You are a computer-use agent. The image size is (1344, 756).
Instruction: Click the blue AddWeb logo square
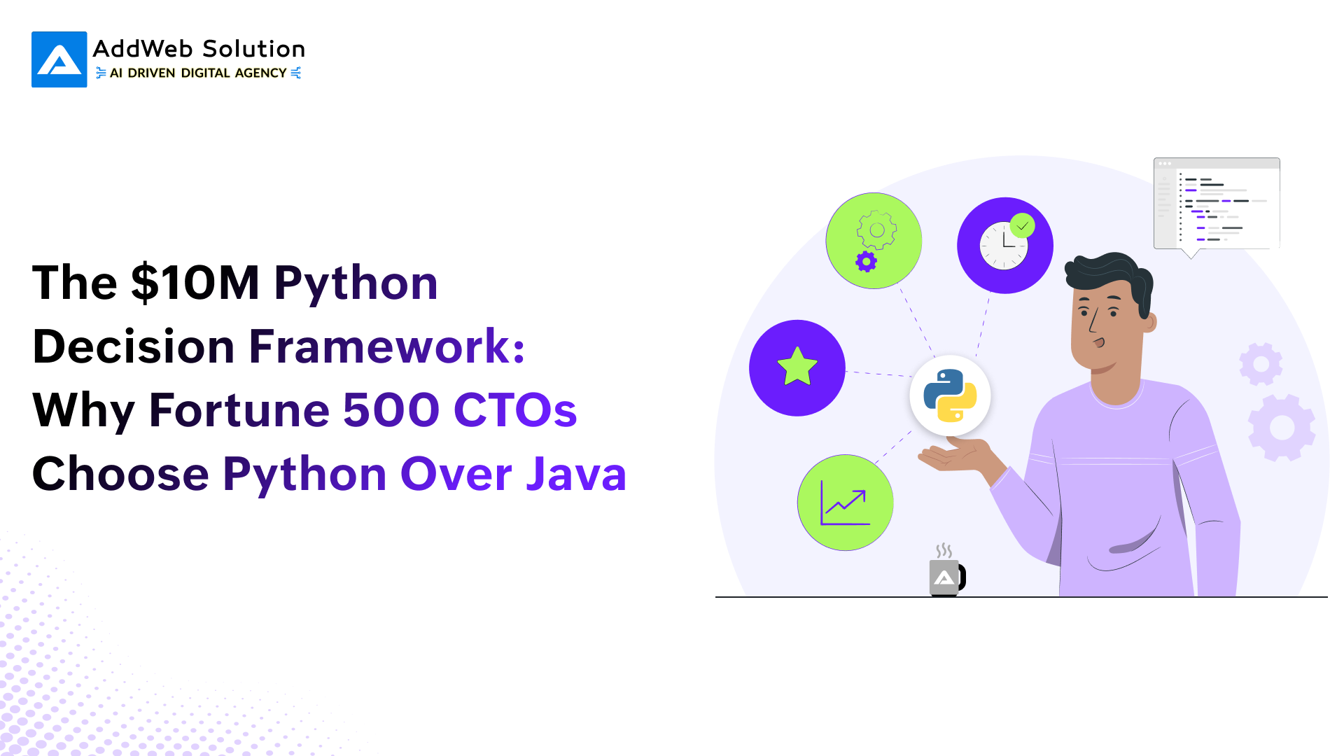(x=59, y=59)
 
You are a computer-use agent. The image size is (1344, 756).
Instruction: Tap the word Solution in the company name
(x=253, y=49)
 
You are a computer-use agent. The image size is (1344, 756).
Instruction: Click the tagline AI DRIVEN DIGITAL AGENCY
(x=198, y=73)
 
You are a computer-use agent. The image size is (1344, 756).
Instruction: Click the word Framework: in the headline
(x=387, y=346)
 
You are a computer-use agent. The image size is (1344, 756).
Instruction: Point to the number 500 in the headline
(x=391, y=410)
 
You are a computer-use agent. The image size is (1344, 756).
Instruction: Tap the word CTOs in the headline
(x=515, y=410)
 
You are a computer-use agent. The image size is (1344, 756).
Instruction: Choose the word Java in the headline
(x=576, y=474)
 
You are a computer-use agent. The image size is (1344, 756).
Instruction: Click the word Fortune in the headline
(x=239, y=410)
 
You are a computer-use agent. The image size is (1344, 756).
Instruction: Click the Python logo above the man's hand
(x=950, y=395)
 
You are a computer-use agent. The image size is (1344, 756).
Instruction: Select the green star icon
(x=797, y=367)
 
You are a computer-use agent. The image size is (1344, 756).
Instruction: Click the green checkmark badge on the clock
(x=1023, y=225)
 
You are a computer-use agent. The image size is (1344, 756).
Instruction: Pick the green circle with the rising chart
(x=846, y=503)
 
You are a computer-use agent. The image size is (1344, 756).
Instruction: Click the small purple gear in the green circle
(x=867, y=262)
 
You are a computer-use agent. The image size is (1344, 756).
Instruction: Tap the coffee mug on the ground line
(x=946, y=577)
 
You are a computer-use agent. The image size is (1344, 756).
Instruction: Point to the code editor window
(x=1217, y=204)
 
